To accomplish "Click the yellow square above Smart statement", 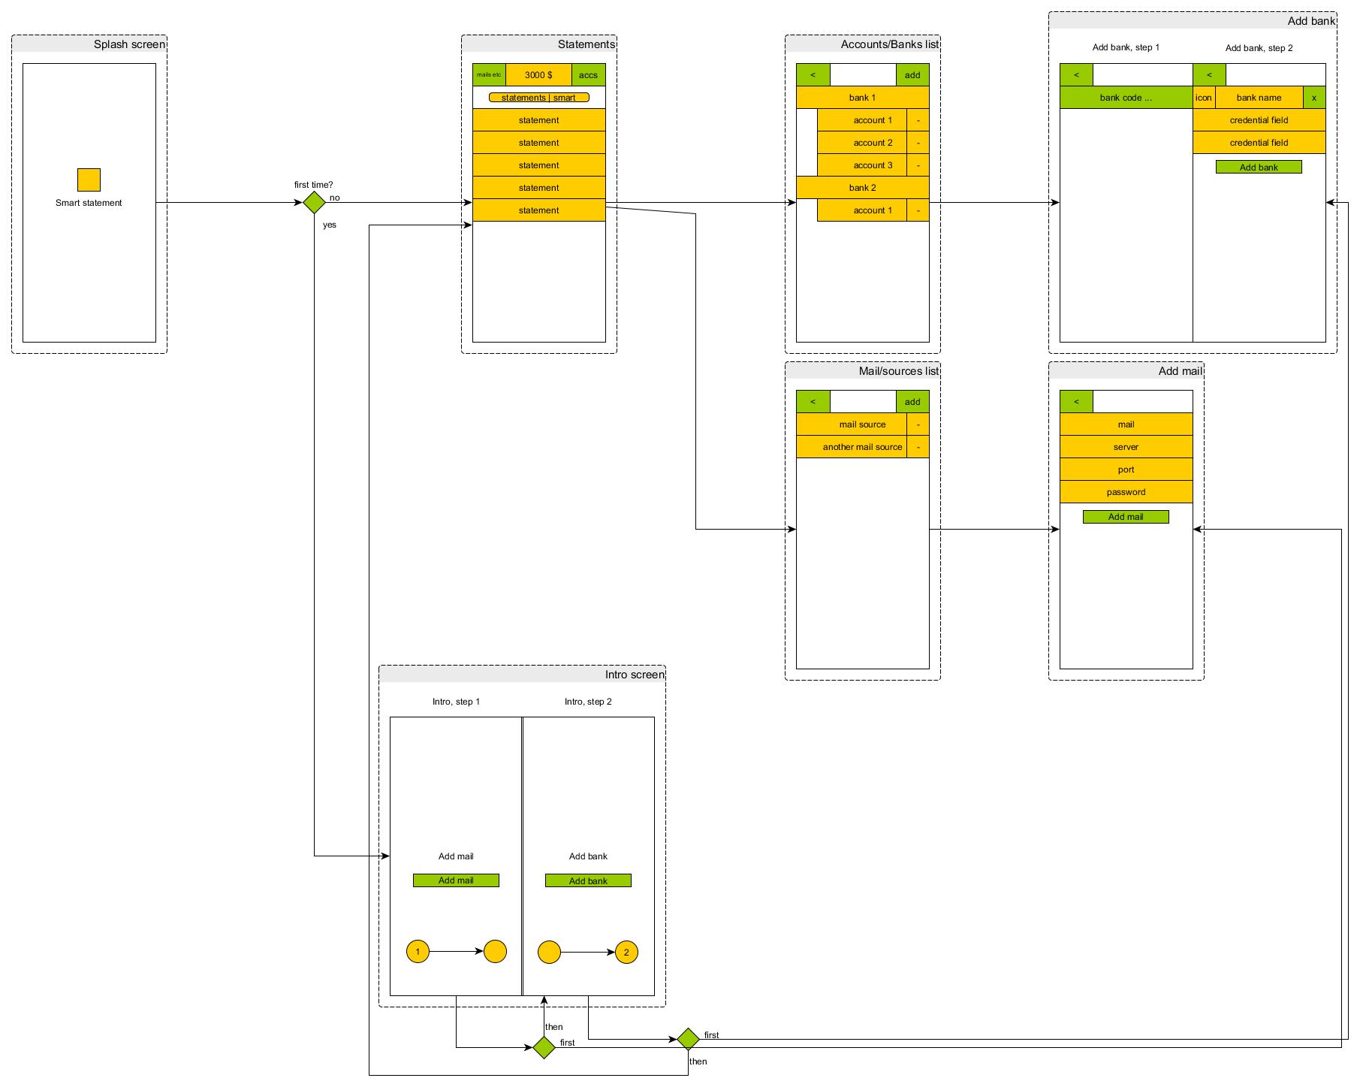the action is pos(89,180).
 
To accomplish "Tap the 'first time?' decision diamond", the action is pos(314,203).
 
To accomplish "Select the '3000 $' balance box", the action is pos(538,75).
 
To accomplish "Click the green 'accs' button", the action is pos(588,75).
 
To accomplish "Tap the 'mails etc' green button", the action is pos(489,75).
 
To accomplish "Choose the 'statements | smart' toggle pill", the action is pos(538,98).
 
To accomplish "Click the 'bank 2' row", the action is pos(863,188).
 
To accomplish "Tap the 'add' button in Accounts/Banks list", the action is pos(912,75).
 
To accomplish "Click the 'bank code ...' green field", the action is pos(1126,98).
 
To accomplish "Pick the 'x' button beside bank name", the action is pos(1314,98).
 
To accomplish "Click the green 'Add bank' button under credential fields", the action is pos(1259,168).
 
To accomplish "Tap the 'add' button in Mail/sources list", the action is pos(912,402).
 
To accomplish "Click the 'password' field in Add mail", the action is pos(1126,492).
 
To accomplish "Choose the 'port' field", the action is pos(1126,470).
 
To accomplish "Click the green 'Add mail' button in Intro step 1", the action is pos(456,880).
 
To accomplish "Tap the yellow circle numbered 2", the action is pos(626,953).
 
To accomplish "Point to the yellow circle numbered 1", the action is pos(418,952).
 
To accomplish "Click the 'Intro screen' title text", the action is pos(635,675).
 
